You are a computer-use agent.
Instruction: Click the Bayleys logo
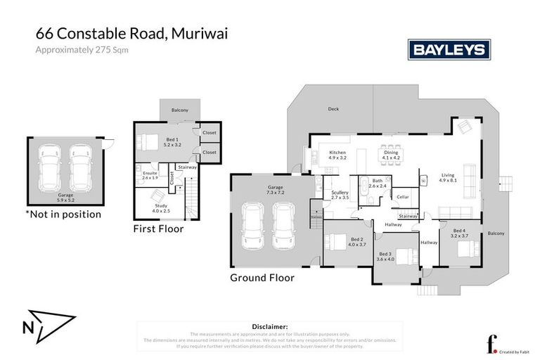(449, 50)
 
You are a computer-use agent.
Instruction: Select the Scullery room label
(340, 192)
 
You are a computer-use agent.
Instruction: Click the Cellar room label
(402, 197)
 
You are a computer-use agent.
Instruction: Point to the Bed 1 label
(172, 140)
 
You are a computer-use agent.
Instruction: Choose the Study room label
(161, 205)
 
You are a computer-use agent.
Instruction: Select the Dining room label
(389, 152)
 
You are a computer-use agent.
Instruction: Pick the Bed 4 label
(459, 231)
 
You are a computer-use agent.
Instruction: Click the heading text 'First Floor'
(159, 229)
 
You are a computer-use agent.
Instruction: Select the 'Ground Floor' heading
(262, 277)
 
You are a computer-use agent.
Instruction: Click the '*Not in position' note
(63, 214)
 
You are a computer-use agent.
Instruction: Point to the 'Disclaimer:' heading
(269, 327)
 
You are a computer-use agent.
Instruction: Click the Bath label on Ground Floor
(378, 181)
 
